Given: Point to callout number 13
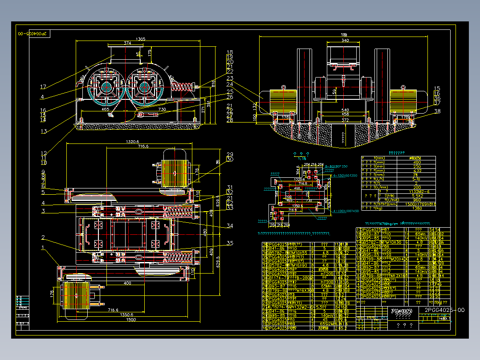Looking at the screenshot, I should tap(43, 131).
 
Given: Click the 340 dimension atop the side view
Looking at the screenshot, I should tap(344, 41).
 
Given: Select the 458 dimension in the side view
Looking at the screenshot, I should tap(344, 115).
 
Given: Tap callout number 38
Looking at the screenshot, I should tap(437, 111).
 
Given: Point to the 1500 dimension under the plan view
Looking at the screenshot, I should tap(130, 319).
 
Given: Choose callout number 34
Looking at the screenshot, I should tap(230, 226).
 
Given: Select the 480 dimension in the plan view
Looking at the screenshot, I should tap(205, 232).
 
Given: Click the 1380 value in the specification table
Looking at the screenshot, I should tap(417, 208).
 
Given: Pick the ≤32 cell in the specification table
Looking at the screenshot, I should tap(417, 170).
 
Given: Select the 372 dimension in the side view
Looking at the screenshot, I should tap(344, 119).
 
